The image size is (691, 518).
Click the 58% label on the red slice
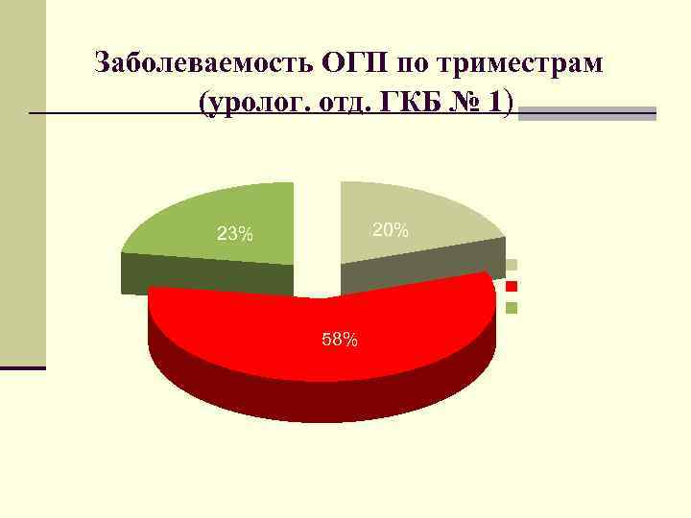click(x=340, y=340)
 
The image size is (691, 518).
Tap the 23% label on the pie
click(x=235, y=234)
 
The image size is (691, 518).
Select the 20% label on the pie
click(x=391, y=230)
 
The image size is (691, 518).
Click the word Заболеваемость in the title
click(x=204, y=64)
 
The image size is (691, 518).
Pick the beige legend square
click(x=512, y=264)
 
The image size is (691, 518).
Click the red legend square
click(x=512, y=286)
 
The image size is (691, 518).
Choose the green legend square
click(x=512, y=308)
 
